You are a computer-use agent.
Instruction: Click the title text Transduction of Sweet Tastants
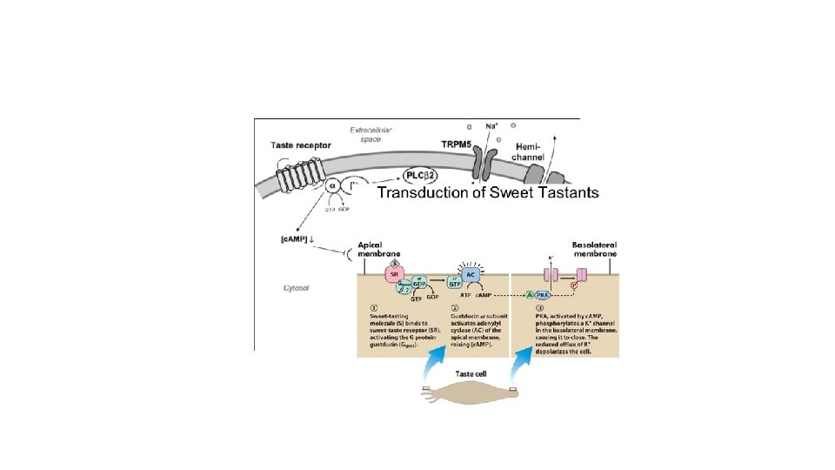tap(487, 192)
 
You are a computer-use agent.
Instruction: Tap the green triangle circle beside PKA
tap(530, 295)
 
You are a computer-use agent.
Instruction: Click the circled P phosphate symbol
tap(573, 285)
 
